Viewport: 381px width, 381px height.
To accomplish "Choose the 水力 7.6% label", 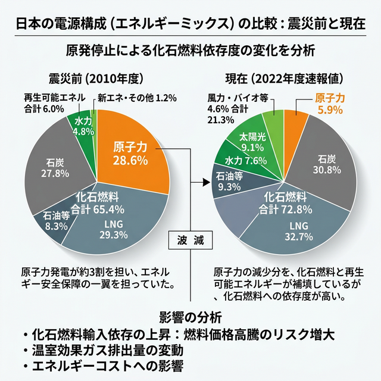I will click(x=245, y=160).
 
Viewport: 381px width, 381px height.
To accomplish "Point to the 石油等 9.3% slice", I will click(x=229, y=181).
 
